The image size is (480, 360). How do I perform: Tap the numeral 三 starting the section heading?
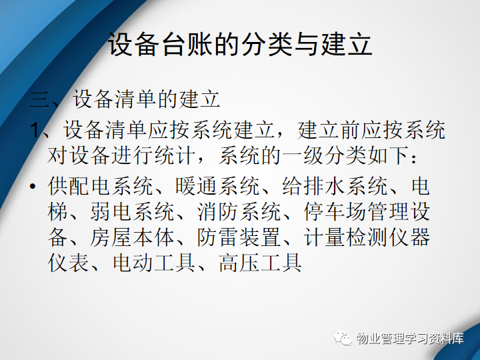(x=40, y=99)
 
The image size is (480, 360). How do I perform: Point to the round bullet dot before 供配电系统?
(x=33, y=186)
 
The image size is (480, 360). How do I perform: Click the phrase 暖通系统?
(x=217, y=186)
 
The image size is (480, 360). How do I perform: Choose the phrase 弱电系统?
(x=133, y=211)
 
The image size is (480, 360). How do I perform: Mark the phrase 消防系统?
(x=239, y=211)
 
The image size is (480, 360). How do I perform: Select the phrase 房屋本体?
(x=133, y=237)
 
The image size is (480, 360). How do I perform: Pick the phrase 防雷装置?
(x=239, y=237)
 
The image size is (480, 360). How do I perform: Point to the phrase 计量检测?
(x=345, y=237)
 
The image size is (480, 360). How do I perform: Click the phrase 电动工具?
(x=154, y=263)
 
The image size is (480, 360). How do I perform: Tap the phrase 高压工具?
(x=261, y=263)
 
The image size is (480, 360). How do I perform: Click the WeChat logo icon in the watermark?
(x=343, y=337)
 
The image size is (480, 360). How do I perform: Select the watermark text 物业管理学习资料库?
(x=410, y=338)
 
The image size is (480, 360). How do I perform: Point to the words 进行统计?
(x=154, y=155)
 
